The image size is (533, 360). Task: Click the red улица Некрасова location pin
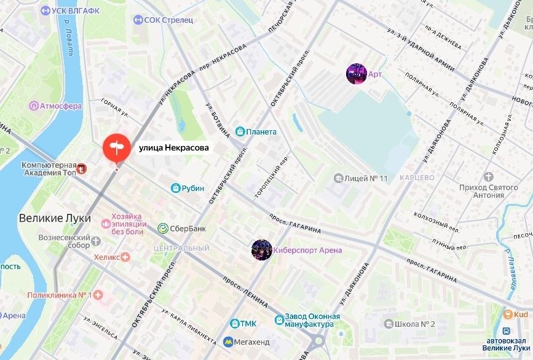pyautogui.click(x=116, y=148)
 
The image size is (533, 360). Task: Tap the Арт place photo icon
pyautogui.click(x=357, y=74)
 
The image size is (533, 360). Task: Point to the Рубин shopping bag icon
pyautogui.click(x=175, y=188)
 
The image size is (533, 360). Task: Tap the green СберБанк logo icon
pyautogui.click(x=164, y=229)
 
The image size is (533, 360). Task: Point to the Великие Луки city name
pyautogui.click(x=55, y=218)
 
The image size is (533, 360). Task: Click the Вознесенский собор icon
pyautogui.click(x=97, y=238)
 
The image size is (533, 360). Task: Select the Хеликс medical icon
pyautogui.click(x=125, y=257)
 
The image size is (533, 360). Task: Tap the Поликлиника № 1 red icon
pyautogui.click(x=97, y=295)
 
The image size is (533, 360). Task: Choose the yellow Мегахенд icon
pyautogui.click(x=228, y=341)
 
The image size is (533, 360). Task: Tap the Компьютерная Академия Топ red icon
pyautogui.click(x=81, y=167)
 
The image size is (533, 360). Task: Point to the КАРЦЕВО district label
pyautogui.click(x=417, y=178)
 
